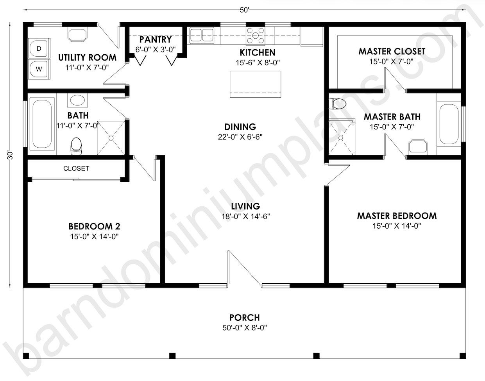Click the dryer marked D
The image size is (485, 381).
(x=39, y=48)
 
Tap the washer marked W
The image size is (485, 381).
(x=39, y=69)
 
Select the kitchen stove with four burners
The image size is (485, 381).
(x=256, y=36)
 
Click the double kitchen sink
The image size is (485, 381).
(x=202, y=35)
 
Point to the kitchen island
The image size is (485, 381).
(x=255, y=84)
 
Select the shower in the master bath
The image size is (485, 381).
(x=341, y=137)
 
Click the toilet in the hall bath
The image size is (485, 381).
(x=76, y=146)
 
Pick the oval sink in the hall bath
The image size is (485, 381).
(x=77, y=100)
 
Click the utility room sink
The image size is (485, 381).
(x=77, y=35)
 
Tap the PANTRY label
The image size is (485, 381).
(x=156, y=39)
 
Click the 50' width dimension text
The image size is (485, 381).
(x=244, y=10)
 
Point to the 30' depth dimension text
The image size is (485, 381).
(x=11, y=156)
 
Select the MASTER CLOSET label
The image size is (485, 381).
(x=392, y=52)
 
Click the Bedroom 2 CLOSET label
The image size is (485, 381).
(x=76, y=168)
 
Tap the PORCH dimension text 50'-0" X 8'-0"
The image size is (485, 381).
(x=245, y=328)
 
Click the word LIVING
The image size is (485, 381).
(x=245, y=206)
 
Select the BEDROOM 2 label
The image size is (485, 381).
(x=95, y=226)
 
